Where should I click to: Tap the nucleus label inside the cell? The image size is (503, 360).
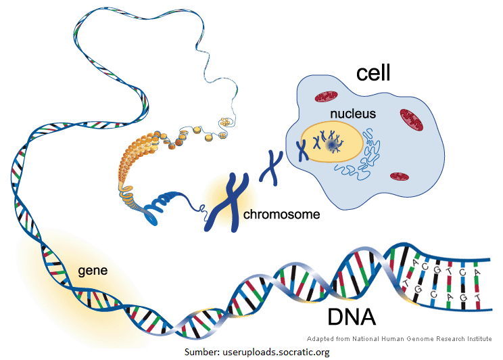coord(352,114)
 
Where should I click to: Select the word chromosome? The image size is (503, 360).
coord(281,216)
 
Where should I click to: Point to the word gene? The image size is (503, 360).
coord(93,271)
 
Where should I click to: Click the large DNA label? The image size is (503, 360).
coord(352,316)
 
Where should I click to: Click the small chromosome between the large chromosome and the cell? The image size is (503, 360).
coord(272,167)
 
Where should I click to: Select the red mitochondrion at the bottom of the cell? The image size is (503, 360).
coord(398,177)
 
